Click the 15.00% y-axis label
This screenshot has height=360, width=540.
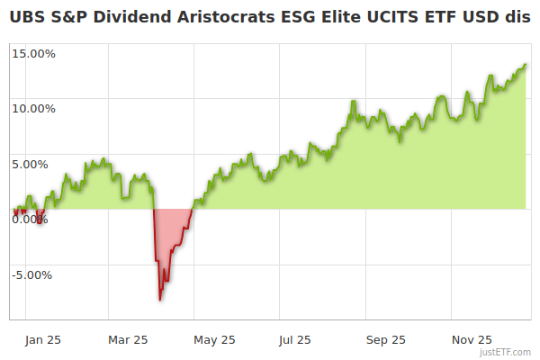[33, 53]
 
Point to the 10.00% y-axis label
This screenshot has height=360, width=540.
[33, 109]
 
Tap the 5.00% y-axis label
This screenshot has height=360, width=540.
[36, 164]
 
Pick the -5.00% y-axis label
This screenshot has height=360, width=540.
[34, 275]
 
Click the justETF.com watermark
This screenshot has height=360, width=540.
[507, 352]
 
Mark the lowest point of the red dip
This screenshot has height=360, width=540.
[160, 300]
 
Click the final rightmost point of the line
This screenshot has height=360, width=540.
[526, 65]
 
